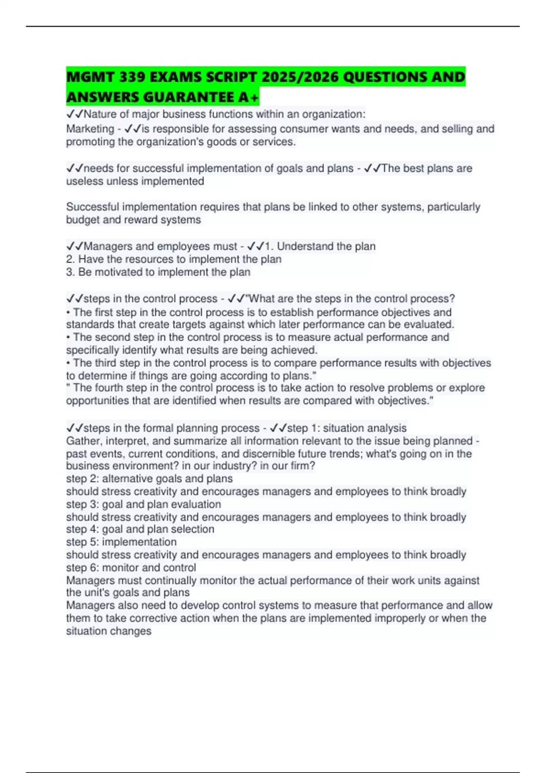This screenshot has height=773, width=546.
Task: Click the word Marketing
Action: [90, 129]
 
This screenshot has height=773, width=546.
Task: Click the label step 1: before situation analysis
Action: [303, 428]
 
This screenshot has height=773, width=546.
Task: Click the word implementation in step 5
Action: [139, 542]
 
